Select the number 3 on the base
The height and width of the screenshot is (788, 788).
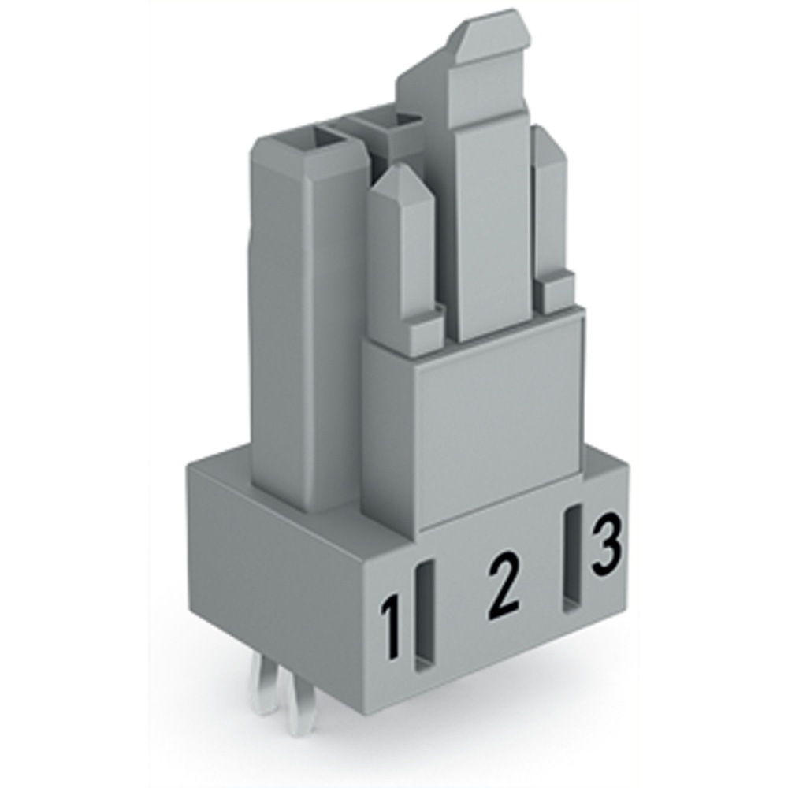[x=605, y=545]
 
